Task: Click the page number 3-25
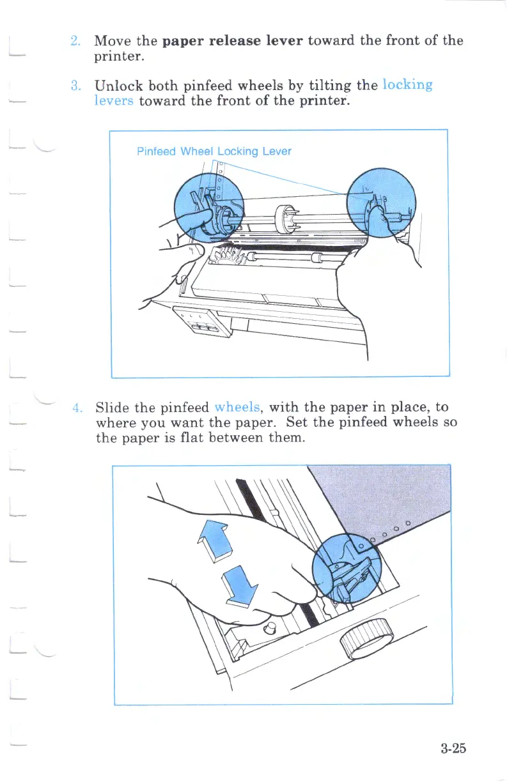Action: click(453, 748)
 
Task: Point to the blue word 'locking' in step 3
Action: click(407, 85)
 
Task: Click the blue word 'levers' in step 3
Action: click(113, 101)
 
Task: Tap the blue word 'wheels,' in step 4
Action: click(238, 407)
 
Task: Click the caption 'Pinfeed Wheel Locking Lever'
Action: click(214, 151)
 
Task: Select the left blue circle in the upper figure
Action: click(209, 207)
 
